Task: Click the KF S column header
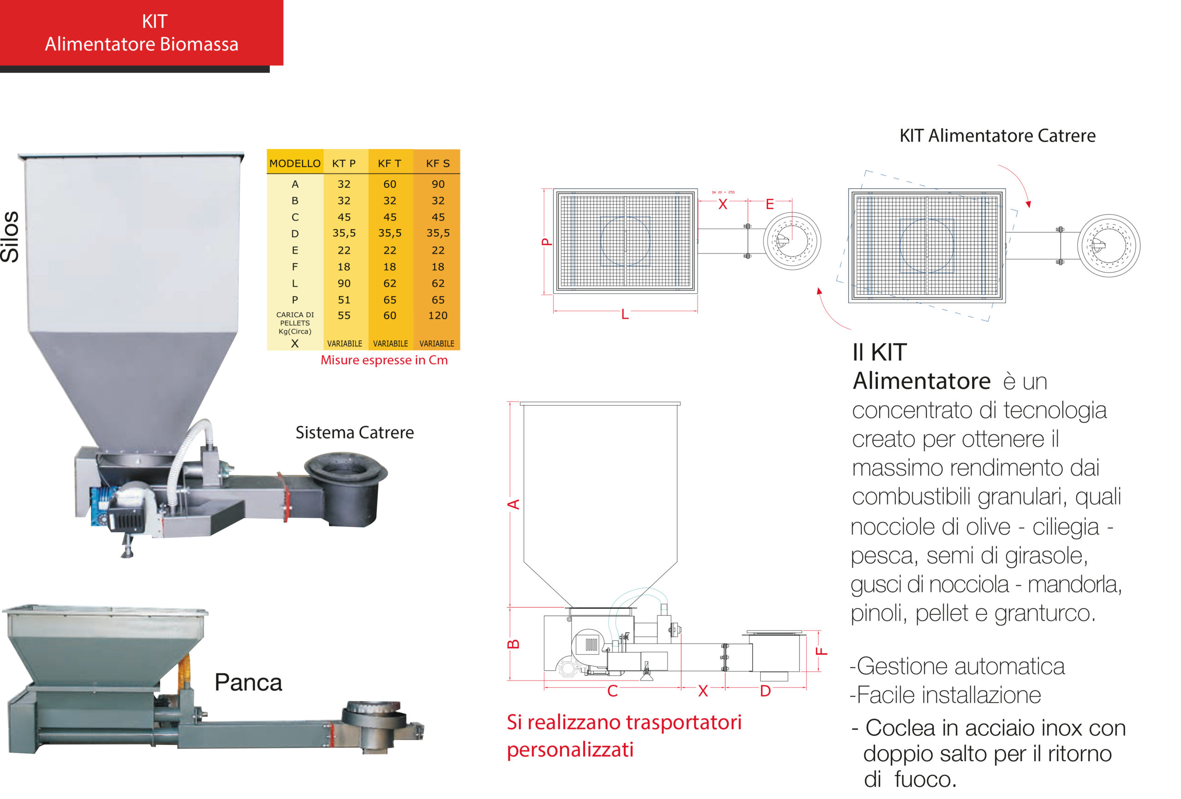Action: (x=437, y=164)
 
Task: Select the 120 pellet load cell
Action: (x=437, y=316)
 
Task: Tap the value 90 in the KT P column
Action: (x=344, y=284)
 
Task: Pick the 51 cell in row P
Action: (x=344, y=300)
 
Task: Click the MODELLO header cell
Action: (x=295, y=164)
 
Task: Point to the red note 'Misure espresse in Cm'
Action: (x=384, y=360)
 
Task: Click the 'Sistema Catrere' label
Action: (x=355, y=433)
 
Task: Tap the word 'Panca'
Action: (x=248, y=683)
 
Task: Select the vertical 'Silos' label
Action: (x=10, y=237)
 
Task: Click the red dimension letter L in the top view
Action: (x=625, y=315)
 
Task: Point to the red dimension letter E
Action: (x=770, y=204)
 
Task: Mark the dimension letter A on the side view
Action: (x=514, y=504)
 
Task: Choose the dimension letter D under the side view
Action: (x=765, y=691)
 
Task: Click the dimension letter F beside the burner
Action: (x=821, y=651)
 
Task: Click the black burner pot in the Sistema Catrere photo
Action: (x=351, y=488)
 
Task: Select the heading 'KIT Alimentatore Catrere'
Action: (x=997, y=136)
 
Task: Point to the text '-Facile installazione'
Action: (x=946, y=695)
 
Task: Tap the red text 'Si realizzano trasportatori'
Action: (x=624, y=722)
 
